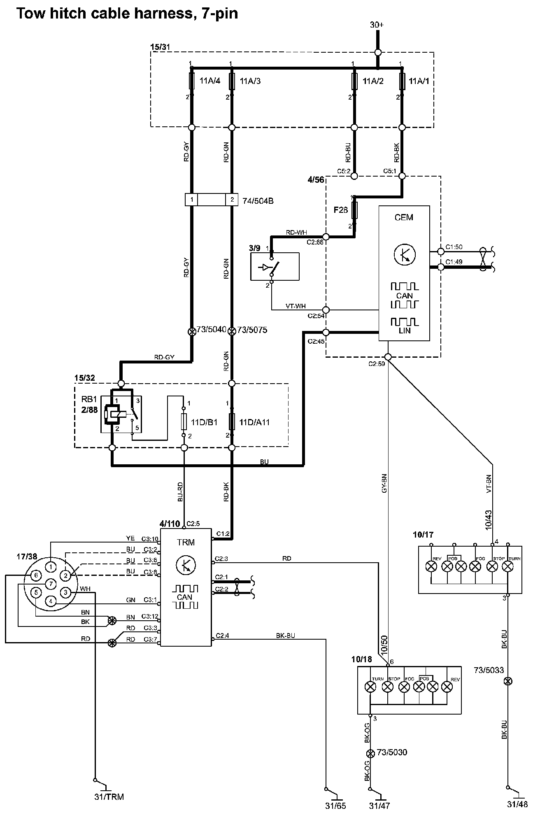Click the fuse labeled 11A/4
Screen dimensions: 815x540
coord(191,81)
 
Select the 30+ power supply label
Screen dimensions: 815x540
coord(377,25)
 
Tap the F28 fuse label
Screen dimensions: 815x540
coord(340,210)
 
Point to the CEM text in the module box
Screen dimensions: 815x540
coord(403,217)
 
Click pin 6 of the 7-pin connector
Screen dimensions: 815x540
coord(36,575)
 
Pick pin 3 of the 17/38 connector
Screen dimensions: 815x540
coord(65,592)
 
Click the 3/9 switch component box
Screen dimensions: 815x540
coord(275,266)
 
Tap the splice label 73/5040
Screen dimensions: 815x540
coord(211,330)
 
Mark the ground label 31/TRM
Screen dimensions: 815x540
coord(109,796)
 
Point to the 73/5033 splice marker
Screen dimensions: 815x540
coord(508,681)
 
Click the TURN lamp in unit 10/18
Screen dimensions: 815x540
coord(371,686)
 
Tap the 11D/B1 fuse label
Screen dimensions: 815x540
coord(204,422)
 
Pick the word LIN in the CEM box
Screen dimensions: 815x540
coord(404,330)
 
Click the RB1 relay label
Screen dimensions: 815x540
coord(89,399)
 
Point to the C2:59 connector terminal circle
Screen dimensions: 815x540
coord(388,356)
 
